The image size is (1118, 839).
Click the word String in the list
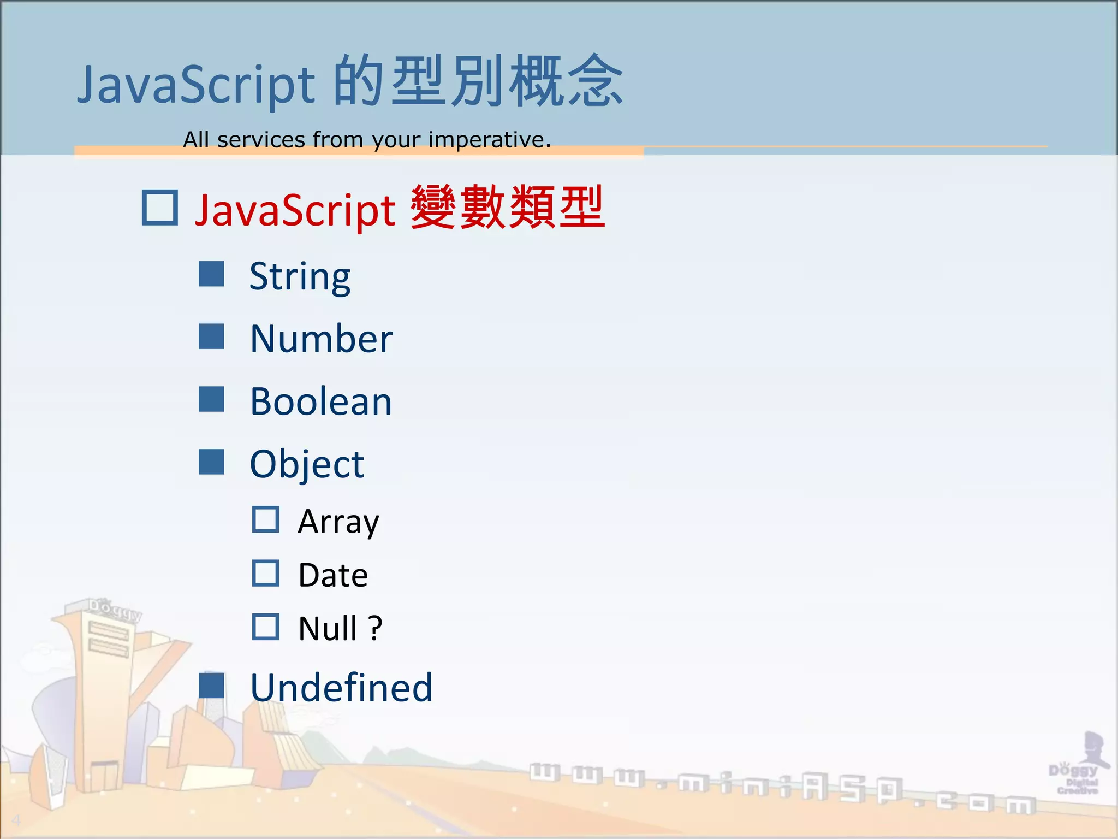(300, 277)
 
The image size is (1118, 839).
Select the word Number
(321, 339)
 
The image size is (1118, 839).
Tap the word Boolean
(321, 402)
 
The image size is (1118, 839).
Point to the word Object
(307, 464)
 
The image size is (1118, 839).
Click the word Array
(338, 522)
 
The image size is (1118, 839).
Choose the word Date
(333, 575)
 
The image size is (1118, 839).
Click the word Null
(327, 629)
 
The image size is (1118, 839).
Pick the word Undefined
(341, 688)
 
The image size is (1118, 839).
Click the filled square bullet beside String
(211, 274)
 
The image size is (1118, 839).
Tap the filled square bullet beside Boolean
(211, 399)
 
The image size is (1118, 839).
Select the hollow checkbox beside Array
(266, 519)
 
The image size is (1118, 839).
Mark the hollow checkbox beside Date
(266, 573)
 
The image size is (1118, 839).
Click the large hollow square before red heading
(160, 208)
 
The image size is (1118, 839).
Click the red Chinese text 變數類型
(508, 208)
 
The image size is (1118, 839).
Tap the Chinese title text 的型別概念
(478, 82)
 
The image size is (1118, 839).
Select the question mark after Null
(375, 629)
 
